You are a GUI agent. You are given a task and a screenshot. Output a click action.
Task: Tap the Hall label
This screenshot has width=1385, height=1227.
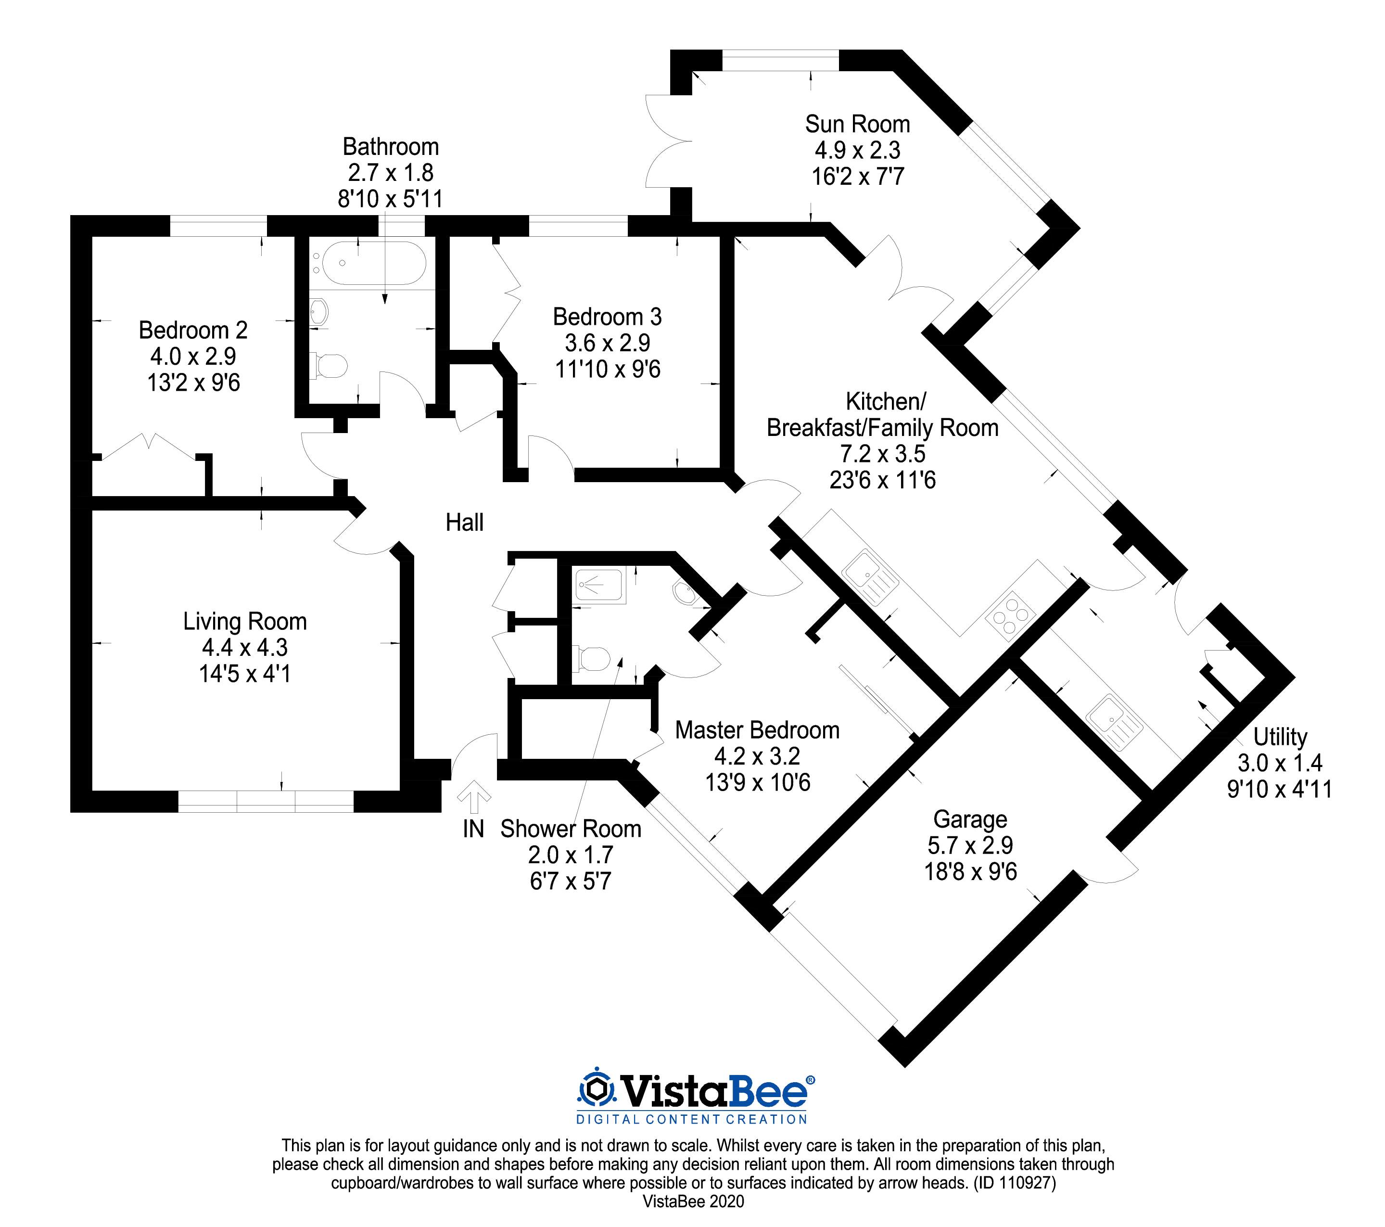tap(464, 522)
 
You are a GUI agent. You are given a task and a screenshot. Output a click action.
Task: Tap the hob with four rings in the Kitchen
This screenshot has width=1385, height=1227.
tap(1010, 615)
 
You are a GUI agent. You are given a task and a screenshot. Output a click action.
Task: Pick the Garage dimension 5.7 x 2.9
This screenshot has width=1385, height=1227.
tap(970, 845)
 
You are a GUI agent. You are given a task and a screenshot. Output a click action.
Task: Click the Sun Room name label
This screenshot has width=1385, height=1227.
tap(857, 124)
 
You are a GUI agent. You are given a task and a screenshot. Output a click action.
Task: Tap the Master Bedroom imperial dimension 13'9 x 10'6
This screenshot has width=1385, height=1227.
tap(758, 782)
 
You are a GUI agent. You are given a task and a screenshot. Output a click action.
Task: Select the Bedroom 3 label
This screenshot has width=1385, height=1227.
tap(607, 317)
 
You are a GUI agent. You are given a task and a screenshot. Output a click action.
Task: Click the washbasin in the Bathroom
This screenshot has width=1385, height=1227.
tap(319, 312)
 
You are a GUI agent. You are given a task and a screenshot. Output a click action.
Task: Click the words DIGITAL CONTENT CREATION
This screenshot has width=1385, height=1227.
tap(691, 1119)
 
